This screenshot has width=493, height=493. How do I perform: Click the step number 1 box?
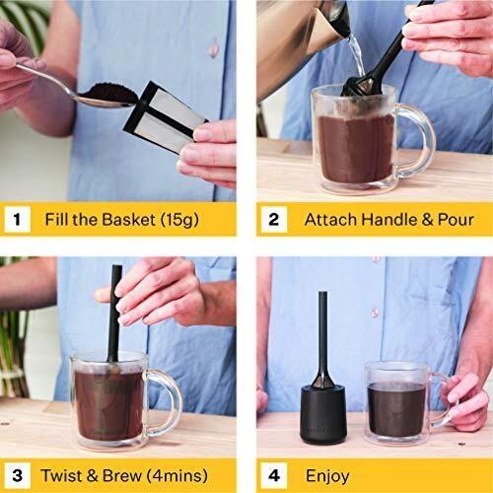point(18,219)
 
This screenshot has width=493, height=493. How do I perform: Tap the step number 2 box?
point(274,219)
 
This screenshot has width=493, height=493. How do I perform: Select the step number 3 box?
point(18,475)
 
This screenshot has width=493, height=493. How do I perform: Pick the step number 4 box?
point(274,475)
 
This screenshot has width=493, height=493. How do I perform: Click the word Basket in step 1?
point(128,219)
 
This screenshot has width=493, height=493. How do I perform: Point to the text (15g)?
point(179,220)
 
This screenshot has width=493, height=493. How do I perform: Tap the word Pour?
point(456,220)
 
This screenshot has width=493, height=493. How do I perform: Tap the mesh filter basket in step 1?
point(166,117)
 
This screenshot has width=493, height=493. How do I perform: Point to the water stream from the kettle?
point(357,56)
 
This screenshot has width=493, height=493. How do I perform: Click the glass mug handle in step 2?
point(417,140)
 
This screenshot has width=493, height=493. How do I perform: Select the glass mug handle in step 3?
point(166,403)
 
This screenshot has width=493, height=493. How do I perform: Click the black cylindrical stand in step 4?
point(322,413)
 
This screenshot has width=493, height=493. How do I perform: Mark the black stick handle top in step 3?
point(117,267)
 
